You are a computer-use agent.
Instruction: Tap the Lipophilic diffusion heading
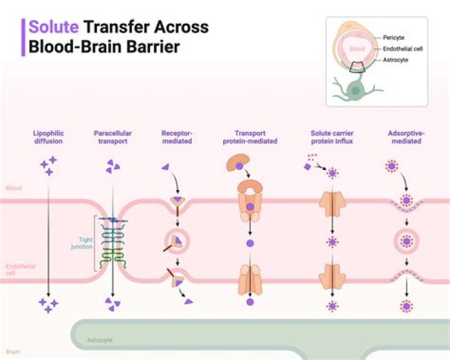49,137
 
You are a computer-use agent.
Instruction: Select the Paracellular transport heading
111,137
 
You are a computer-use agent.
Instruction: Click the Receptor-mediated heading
177,137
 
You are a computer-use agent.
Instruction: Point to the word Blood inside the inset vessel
357,47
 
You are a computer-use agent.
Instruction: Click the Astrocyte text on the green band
99,340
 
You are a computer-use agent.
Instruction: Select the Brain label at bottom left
12,352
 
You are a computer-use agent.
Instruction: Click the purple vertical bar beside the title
24,37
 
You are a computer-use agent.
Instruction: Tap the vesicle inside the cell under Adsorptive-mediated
407,241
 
